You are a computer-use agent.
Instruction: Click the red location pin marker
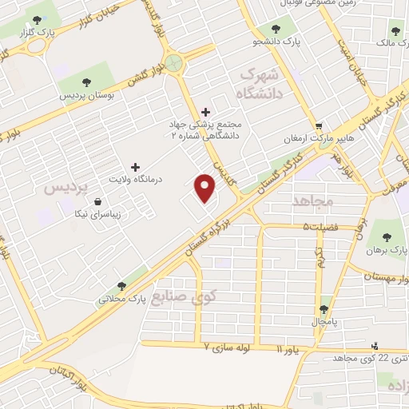206,189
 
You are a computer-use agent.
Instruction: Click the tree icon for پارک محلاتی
121,285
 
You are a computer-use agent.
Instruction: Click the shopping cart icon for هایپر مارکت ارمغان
319,126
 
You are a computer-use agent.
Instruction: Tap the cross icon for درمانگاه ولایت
134,168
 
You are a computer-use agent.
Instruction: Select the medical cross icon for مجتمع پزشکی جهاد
207,112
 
